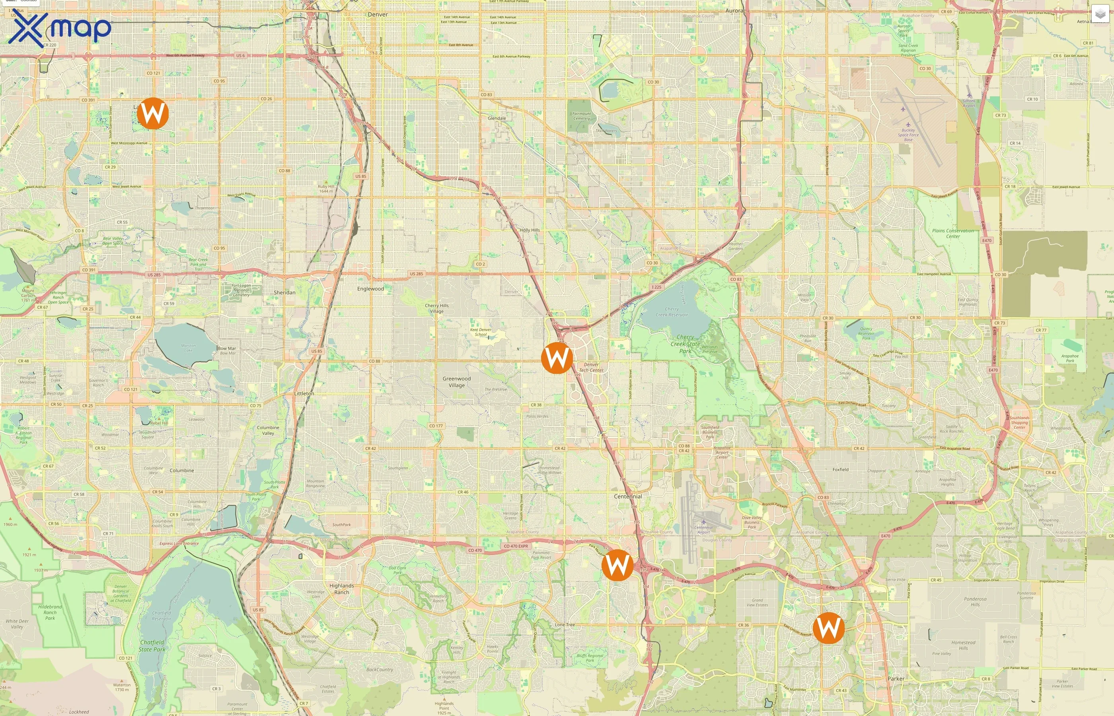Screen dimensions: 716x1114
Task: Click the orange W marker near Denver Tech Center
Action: pyautogui.click(x=557, y=358)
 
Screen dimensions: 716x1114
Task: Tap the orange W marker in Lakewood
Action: pyautogui.click(x=153, y=113)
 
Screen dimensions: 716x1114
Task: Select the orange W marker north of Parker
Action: pyautogui.click(x=828, y=628)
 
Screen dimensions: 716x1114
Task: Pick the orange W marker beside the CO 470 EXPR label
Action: pyautogui.click(x=617, y=565)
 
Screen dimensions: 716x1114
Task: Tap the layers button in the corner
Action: pyautogui.click(x=1100, y=14)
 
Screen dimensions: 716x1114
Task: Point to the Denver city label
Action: pyautogui.click(x=378, y=14)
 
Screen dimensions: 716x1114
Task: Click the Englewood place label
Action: pyautogui.click(x=370, y=289)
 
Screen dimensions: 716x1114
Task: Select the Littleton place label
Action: pyautogui.click(x=304, y=393)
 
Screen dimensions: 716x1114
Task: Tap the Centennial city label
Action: pyautogui.click(x=628, y=496)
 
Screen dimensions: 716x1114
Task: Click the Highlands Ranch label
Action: pyautogui.click(x=342, y=589)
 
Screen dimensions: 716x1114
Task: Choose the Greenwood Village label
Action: pyautogui.click(x=457, y=382)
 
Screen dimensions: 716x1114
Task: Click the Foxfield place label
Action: pyautogui.click(x=840, y=470)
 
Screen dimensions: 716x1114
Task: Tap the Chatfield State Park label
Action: pyautogui.click(x=152, y=646)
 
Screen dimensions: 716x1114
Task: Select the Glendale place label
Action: pyautogui.click(x=497, y=118)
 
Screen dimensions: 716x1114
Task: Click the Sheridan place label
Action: pyautogui.click(x=284, y=292)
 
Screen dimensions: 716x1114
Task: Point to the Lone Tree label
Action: pyautogui.click(x=565, y=625)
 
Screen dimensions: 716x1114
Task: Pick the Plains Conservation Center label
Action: pyautogui.click(x=952, y=233)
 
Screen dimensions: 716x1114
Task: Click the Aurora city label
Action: pyautogui.click(x=734, y=10)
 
